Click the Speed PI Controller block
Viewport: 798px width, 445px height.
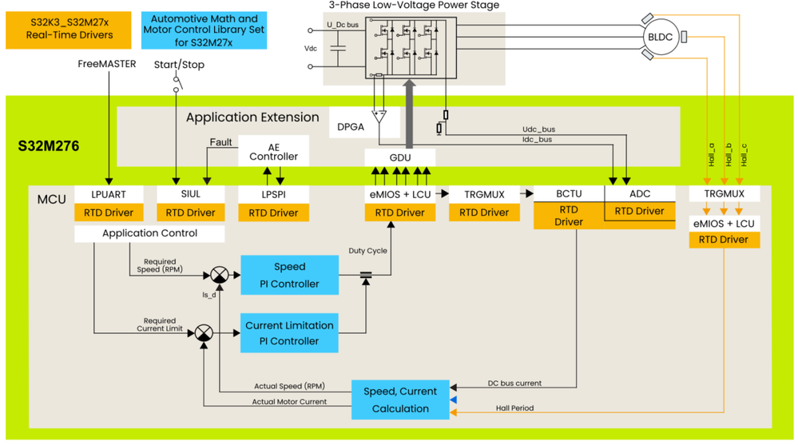(289, 275)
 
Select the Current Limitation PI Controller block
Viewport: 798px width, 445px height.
(289, 332)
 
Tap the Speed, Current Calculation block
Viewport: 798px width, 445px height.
(400, 399)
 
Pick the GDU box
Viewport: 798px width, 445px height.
(399, 157)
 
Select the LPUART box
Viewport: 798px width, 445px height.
(109, 194)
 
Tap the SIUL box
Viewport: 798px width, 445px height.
(190, 194)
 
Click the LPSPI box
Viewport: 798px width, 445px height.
(273, 194)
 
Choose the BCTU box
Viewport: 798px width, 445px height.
(569, 193)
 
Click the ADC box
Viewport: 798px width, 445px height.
(640, 193)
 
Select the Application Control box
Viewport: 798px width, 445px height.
(149, 233)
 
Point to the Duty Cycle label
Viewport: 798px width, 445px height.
(367, 250)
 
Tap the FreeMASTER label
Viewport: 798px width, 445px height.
(106, 64)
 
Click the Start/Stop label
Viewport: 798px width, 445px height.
(178, 64)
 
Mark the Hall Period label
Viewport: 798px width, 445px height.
(514, 408)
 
